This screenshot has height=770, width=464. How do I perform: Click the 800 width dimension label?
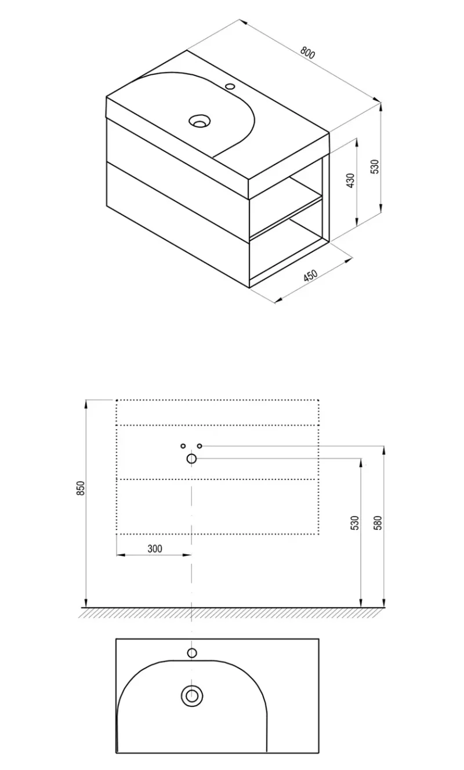tap(307, 53)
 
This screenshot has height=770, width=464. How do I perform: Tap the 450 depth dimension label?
tap(310, 275)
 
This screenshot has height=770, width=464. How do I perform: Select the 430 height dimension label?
tap(350, 180)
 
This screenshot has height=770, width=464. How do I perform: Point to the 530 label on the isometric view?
tap(376, 166)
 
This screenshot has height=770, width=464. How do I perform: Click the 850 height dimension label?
tap(80, 488)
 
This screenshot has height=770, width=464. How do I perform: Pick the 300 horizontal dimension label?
tap(155, 549)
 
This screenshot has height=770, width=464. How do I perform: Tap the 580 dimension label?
tap(378, 523)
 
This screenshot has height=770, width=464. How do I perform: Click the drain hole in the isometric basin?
tap(199, 121)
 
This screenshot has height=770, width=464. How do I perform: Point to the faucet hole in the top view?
tap(191, 653)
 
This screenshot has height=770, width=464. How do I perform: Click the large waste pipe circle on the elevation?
tap(191, 458)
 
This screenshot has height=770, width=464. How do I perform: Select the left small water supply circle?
tap(183, 446)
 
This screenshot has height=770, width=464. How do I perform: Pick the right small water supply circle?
tap(200, 446)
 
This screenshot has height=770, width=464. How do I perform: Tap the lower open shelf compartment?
tap(286, 253)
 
